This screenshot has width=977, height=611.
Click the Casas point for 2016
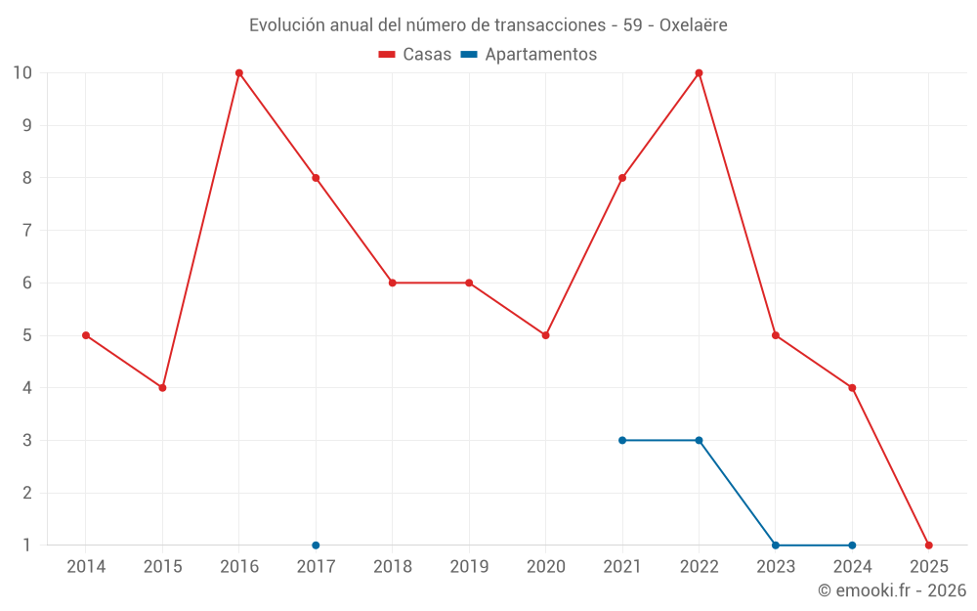point(239,73)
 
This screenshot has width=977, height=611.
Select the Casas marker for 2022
point(699,73)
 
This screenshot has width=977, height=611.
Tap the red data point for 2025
point(928,546)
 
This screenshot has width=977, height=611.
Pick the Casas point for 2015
point(162,388)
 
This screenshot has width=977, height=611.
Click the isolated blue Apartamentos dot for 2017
point(316,546)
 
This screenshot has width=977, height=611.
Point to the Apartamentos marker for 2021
point(622,440)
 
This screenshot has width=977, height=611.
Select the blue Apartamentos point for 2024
point(852,546)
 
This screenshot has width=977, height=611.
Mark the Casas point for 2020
point(545,335)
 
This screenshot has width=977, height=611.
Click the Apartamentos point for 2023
point(776,546)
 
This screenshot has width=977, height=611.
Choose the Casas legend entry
point(415,55)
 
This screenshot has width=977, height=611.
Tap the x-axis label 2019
point(469,567)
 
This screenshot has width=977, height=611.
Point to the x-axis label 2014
point(86,567)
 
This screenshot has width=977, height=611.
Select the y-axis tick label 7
point(26,231)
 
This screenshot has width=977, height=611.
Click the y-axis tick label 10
point(22,73)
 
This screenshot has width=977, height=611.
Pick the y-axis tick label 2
point(26,493)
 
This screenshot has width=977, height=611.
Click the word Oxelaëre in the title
point(694,25)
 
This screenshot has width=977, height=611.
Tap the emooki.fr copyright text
point(892,590)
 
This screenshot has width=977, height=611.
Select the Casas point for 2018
point(392,283)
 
